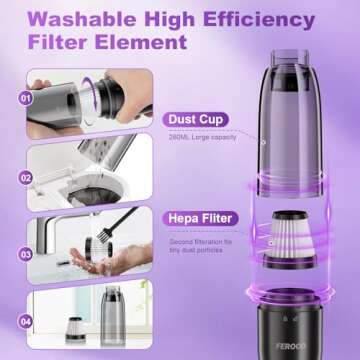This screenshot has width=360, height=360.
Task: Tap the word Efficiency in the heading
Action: (240, 17)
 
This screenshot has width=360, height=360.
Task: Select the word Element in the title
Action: (145, 43)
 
